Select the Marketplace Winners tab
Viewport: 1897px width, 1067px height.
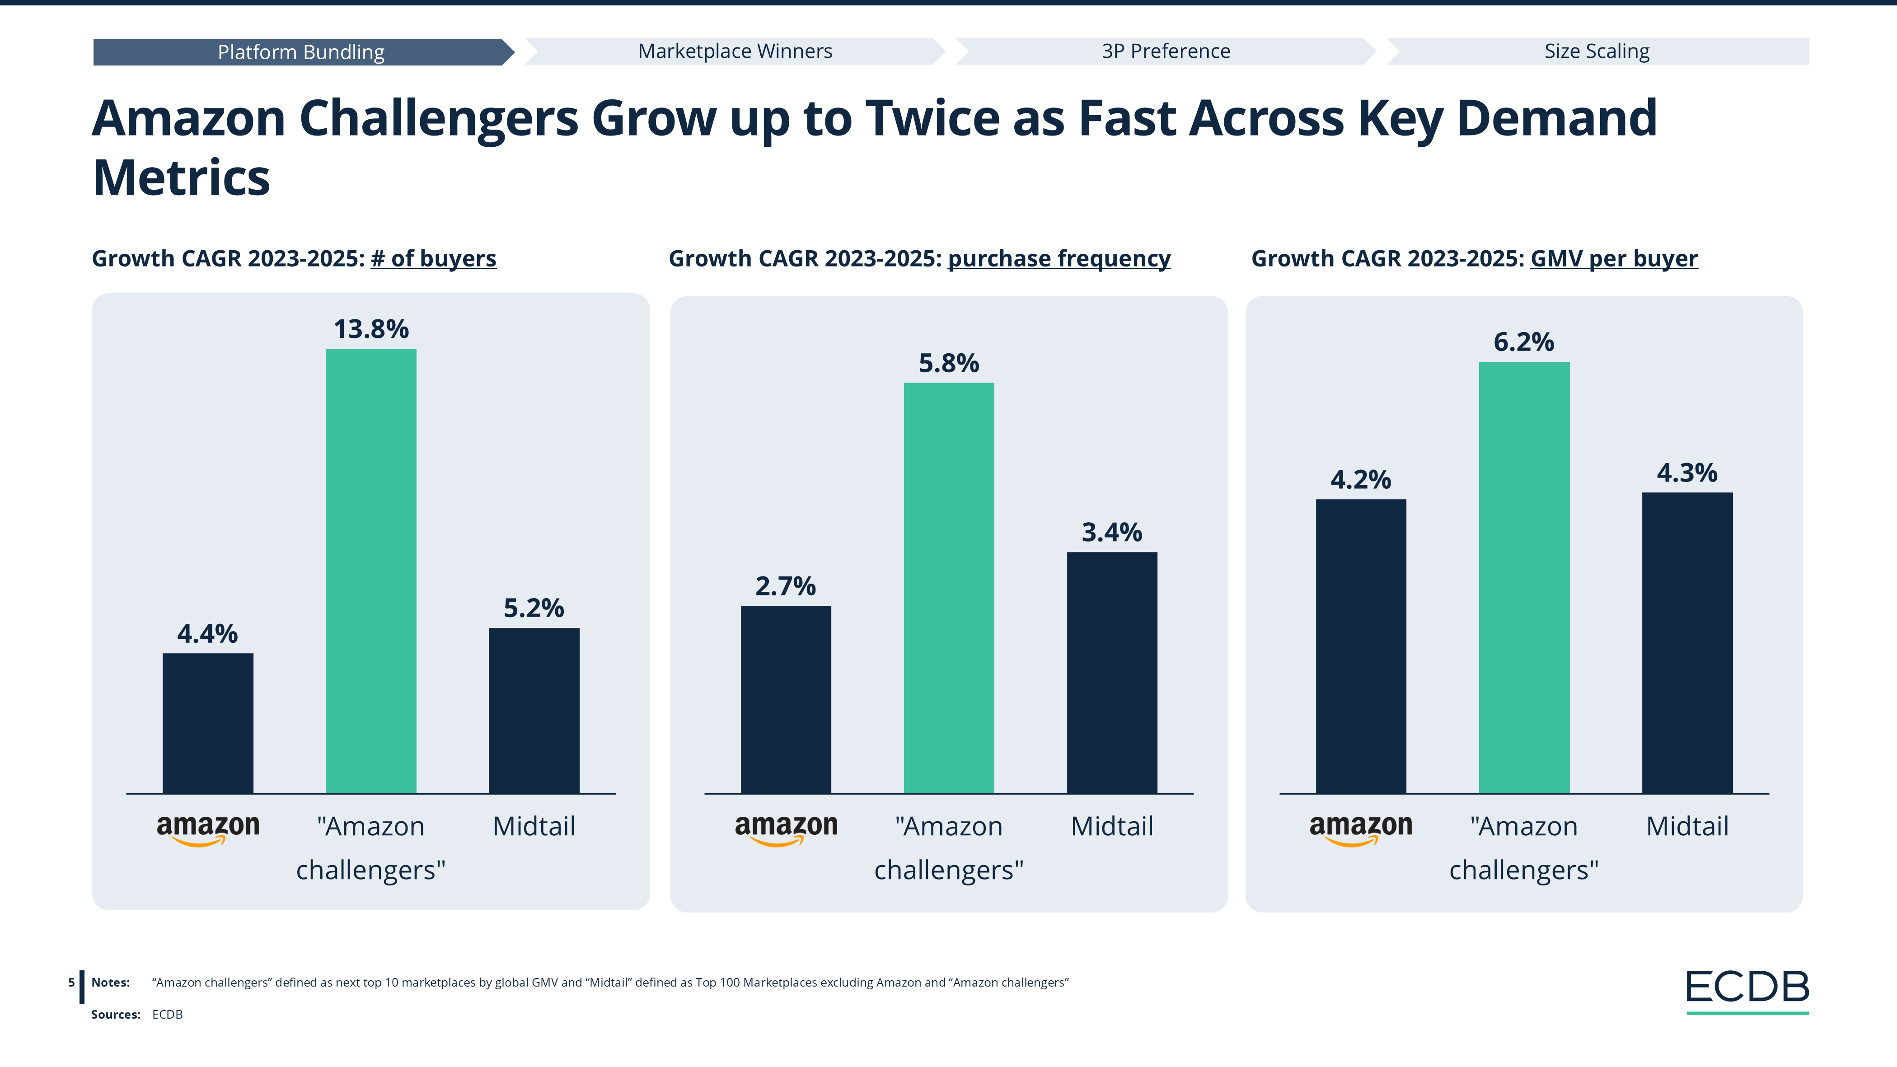(x=735, y=51)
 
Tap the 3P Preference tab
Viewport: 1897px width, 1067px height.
(x=1166, y=51)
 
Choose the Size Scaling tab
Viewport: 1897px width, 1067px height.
(x=1597, y=51)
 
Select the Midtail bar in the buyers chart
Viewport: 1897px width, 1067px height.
(x=534, y=711)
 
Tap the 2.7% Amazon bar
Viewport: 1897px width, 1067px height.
(x=786, y=700)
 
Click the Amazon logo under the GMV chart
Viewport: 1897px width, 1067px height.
(x=1360, y=828)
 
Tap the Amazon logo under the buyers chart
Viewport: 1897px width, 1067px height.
(x=208, y=828)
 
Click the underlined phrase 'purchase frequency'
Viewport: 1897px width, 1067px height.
(x=1059, y=258)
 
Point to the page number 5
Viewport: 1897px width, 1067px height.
(x=71, y=983)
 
